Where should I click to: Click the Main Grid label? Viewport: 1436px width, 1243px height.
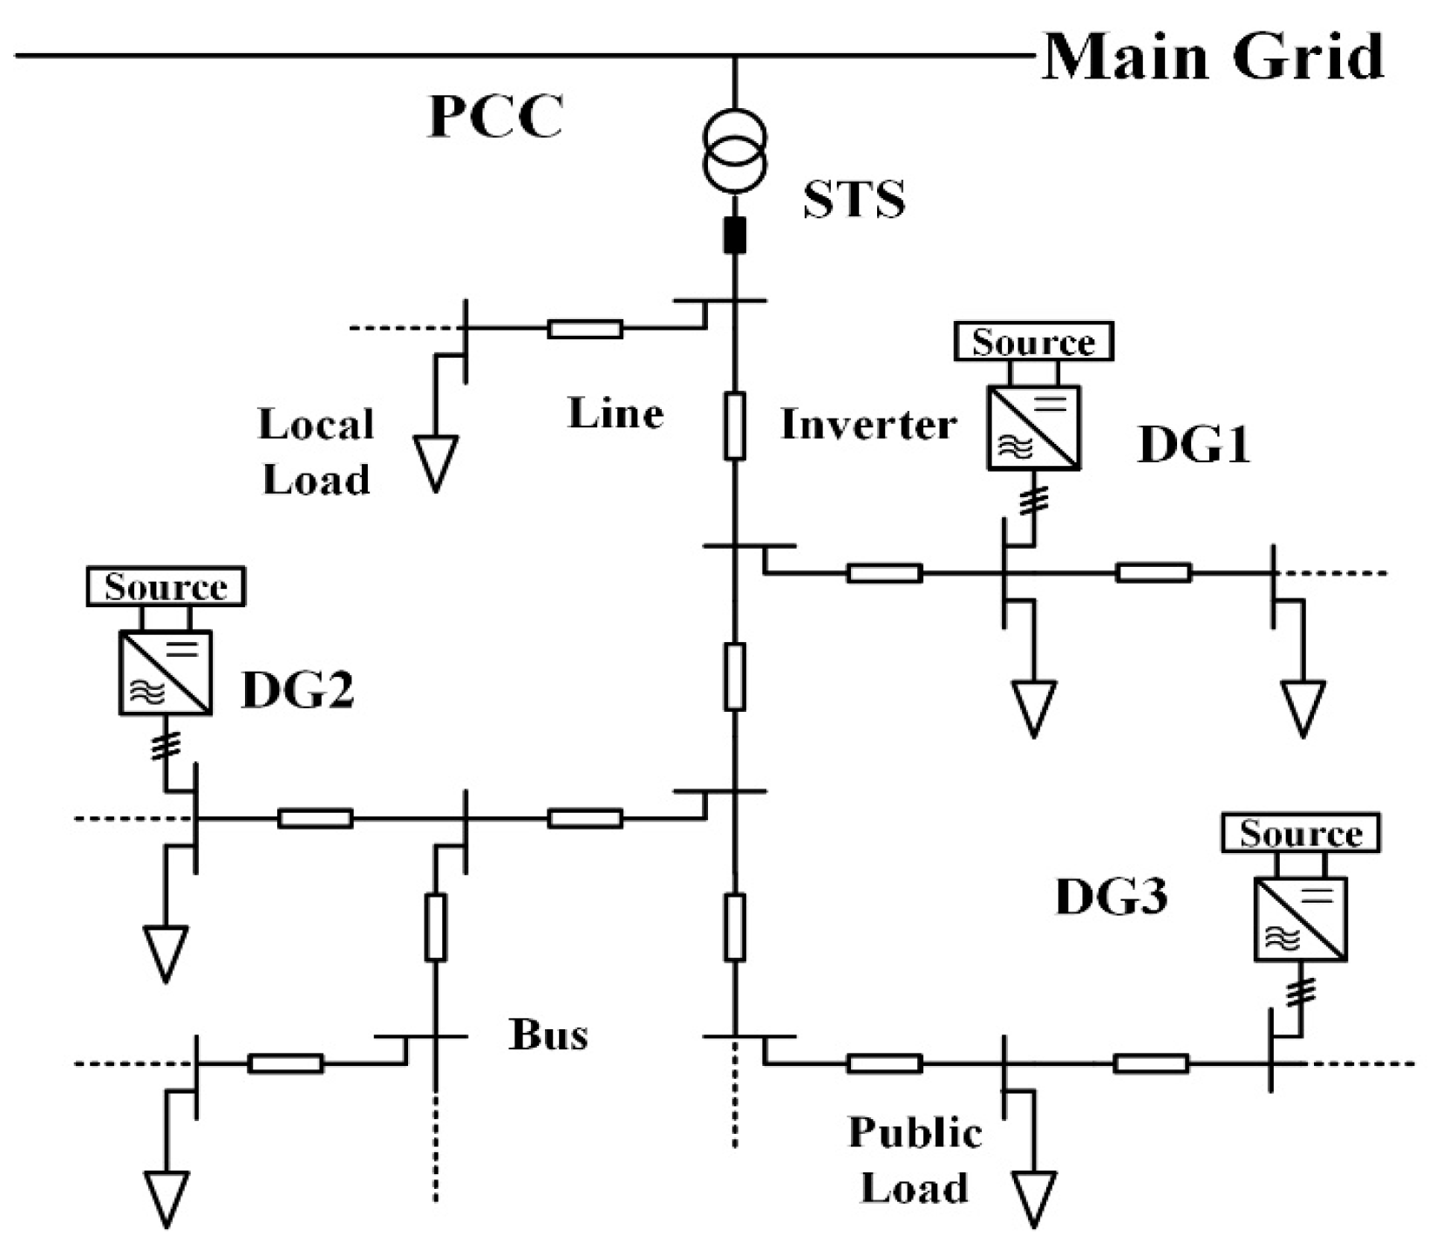[x=1213, y=57]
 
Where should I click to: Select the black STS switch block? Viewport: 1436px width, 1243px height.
[x=735, y=236]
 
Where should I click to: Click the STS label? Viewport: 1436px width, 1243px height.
[x=854, y=200]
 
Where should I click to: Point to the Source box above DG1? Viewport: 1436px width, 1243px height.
[x=1033, y=341]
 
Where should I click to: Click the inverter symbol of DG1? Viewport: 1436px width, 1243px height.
[x=1033, y=428]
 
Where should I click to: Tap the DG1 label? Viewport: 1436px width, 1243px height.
[x=1194, y=446]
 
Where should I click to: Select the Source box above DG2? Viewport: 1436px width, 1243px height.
[x=166, y=586]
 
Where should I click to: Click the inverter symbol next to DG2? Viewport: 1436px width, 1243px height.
[x=166, y=673]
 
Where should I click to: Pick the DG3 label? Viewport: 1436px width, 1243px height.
[x=1111, y=898]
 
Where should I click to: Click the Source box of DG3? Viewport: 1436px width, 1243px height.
[x=1300, y=833]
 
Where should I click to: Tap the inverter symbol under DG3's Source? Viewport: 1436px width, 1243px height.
[x=1300, y=919]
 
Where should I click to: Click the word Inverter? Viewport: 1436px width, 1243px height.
[x=868, y=425]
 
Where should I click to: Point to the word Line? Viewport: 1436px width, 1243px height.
[x=616, y=413]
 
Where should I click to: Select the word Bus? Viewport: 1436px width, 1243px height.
[x=548, y=1035]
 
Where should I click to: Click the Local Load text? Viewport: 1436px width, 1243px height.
[x=316, y=452]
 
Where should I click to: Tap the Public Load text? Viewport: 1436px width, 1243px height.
[x=915, y=1160]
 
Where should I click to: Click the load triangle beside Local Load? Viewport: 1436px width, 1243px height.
[x=435, y=462]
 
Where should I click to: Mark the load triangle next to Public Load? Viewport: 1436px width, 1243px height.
[x=1034, y=1197]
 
